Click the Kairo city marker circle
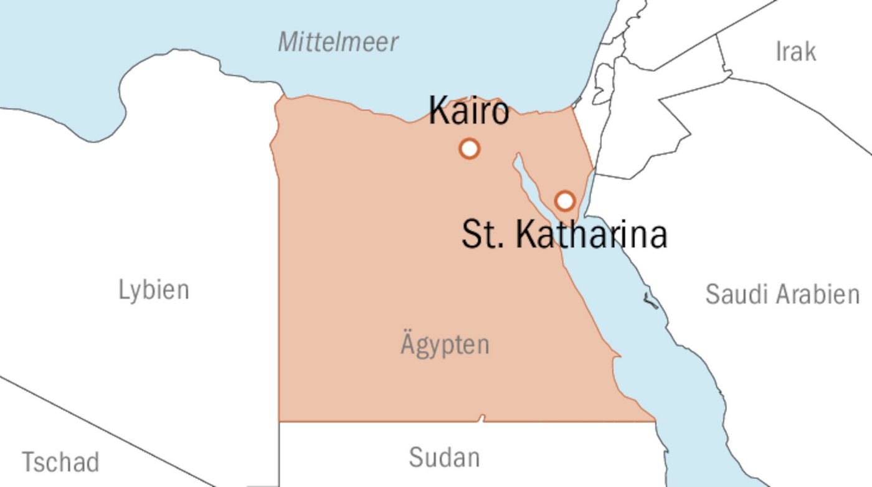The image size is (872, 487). point(469,149)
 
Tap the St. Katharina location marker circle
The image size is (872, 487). point(565,201)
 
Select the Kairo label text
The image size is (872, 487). point(468,111)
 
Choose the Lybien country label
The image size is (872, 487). point(154,290)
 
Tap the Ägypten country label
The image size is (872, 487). point(445,344)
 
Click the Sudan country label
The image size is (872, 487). point(444,457)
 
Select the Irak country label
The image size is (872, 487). point(795,52)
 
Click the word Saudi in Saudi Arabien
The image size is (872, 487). point(732,294)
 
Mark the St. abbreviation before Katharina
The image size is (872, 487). point(483,235)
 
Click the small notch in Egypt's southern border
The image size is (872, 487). point(481,417)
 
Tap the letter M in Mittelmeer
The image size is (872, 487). point(288,42)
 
